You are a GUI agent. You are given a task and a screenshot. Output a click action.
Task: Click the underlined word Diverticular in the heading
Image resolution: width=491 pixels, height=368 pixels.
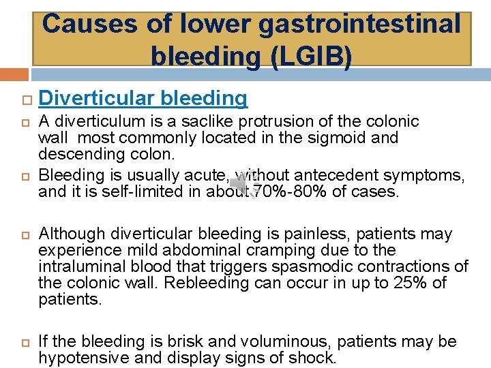(x=97, y=98)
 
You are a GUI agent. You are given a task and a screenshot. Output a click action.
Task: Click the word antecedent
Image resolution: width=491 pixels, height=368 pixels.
(x=341, y=176)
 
